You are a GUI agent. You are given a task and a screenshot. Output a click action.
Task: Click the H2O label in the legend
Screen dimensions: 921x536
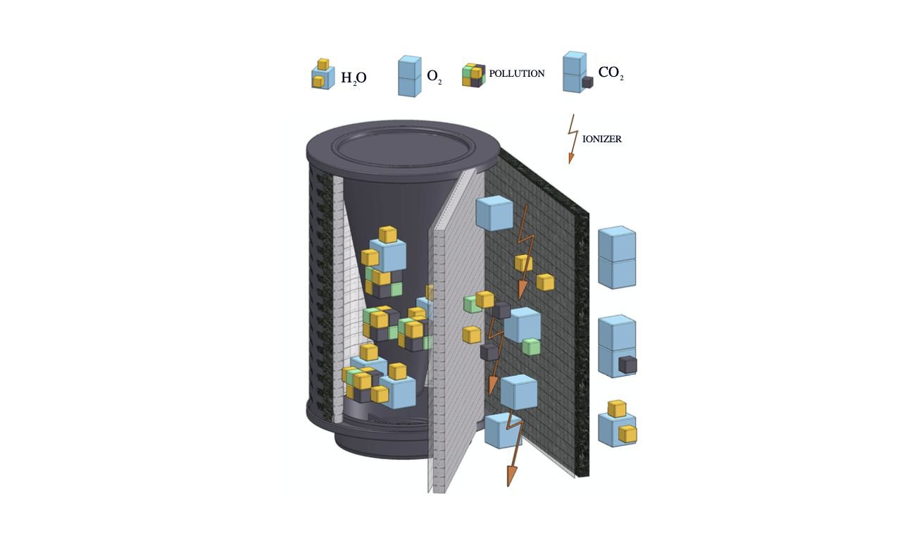click(353, 78)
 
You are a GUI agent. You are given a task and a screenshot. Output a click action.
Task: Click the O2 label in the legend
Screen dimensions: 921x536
click(434, 77)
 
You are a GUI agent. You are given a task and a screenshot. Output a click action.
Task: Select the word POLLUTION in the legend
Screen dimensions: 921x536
click(517, 74)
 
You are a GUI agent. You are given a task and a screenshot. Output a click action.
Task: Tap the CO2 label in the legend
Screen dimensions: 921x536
click(611, 73)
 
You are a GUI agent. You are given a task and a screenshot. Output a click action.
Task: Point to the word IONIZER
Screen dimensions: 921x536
click(602, 139)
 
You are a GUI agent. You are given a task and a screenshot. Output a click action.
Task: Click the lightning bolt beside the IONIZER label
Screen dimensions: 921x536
click(572, 139)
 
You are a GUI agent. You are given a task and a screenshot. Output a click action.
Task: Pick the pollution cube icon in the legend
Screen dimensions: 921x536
click(474, 75)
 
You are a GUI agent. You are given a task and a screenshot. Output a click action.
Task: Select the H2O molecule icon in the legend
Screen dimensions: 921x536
click(322, 74)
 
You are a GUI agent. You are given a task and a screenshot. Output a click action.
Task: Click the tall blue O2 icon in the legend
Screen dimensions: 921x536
click(410, 76)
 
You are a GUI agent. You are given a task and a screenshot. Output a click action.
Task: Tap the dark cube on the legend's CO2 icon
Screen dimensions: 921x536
click(587, 82)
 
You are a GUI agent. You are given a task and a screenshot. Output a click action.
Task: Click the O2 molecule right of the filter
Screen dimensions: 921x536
click(617, 257)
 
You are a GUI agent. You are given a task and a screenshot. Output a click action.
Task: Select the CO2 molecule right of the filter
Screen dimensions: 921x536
click(617, 346)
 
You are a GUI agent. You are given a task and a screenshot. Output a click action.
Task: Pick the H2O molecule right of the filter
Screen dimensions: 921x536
click(617, 423)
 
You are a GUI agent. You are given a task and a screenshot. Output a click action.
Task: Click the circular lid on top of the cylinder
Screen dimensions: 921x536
click(403, 149)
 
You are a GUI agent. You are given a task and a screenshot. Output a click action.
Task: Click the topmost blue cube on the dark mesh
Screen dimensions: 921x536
click(494, 213)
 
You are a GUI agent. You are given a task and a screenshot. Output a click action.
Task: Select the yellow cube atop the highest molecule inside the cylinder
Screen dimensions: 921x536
click(388, 235)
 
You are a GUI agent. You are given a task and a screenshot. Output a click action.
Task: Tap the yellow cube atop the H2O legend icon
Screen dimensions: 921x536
click(323, 64)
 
